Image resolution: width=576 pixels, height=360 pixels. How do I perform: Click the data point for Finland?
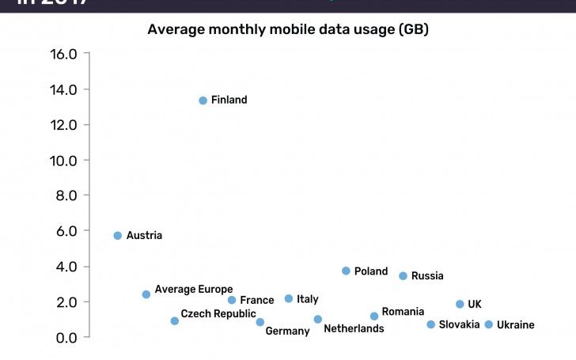point(203,100)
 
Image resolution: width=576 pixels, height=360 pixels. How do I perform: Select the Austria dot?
point(118,236)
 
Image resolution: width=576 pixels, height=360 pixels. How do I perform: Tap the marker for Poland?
point(346,271)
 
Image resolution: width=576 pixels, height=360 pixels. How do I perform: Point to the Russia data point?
point(403,276)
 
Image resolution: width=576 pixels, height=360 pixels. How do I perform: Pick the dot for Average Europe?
point(146,294)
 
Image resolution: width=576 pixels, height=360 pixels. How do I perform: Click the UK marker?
point(460,304)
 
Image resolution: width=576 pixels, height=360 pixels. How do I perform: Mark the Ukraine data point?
point(489,324)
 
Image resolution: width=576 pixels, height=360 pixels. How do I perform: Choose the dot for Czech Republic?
point(175,321)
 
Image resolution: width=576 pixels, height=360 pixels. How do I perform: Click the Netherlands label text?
point(354,328)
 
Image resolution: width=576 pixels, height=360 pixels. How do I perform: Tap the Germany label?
point(287,332)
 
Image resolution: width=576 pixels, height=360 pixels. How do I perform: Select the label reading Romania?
point(403,312)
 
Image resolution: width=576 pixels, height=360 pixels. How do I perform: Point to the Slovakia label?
point(459,324)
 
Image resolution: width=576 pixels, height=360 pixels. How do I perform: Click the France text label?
point(256,301)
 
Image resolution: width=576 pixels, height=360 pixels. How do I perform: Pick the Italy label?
point(307,299)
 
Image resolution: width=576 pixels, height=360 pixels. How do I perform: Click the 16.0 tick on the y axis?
point(63,55)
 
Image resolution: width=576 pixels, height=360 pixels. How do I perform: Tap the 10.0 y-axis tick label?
point(63,161)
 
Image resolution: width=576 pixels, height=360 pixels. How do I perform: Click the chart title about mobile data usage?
point(288,30)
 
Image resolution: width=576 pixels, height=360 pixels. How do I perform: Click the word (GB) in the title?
point(413,30)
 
